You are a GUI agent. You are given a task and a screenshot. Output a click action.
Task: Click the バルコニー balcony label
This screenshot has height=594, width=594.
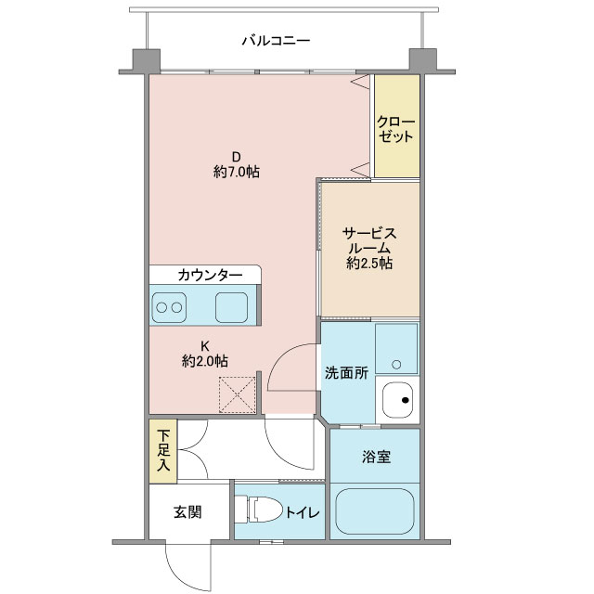(x=276, y=40)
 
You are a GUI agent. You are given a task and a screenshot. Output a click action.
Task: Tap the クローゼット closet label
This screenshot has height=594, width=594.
(x=396, y=129)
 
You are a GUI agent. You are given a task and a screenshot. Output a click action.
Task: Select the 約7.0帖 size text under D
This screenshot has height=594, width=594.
(x=237, y=173)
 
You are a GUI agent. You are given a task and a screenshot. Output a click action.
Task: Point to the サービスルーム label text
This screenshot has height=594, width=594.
(x=369, y=240)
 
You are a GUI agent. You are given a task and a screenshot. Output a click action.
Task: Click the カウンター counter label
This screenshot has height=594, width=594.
(x=210, y=275)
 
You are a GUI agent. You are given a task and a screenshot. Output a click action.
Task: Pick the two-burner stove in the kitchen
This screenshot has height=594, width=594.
(x=169, y=307)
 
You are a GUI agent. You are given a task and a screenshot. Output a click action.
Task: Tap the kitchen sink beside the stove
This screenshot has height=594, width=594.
(x=231, y=307)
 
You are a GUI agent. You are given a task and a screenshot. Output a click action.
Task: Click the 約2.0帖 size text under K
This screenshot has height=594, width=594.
(x=205, y=361)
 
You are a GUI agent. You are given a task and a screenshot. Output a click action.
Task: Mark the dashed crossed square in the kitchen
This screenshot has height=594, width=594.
(x=238, y=394)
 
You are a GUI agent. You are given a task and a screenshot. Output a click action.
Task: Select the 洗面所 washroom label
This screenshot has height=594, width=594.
(x=346, y=373)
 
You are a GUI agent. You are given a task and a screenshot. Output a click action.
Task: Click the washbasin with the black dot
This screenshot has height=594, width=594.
(x=397, y=400)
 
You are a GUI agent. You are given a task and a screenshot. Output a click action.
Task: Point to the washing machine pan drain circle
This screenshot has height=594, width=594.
(x=396, y=365)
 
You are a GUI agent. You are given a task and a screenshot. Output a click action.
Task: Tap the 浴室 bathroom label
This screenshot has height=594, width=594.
(x=376, y=457)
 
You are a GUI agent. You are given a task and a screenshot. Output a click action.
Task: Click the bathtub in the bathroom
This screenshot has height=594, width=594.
(x=375, y=511)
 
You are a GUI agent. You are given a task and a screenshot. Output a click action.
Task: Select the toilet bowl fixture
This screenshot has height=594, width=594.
(x=259, y=510)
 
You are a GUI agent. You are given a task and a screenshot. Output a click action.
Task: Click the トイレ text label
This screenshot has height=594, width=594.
(x=303, y=512)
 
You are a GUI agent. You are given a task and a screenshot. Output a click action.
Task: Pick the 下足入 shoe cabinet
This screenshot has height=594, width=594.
(x=163, y=451)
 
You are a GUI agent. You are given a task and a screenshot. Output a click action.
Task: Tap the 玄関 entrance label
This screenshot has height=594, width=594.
(x=187, y=512)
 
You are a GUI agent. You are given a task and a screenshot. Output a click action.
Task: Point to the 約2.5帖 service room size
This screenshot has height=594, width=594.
(x=369, y=263)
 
